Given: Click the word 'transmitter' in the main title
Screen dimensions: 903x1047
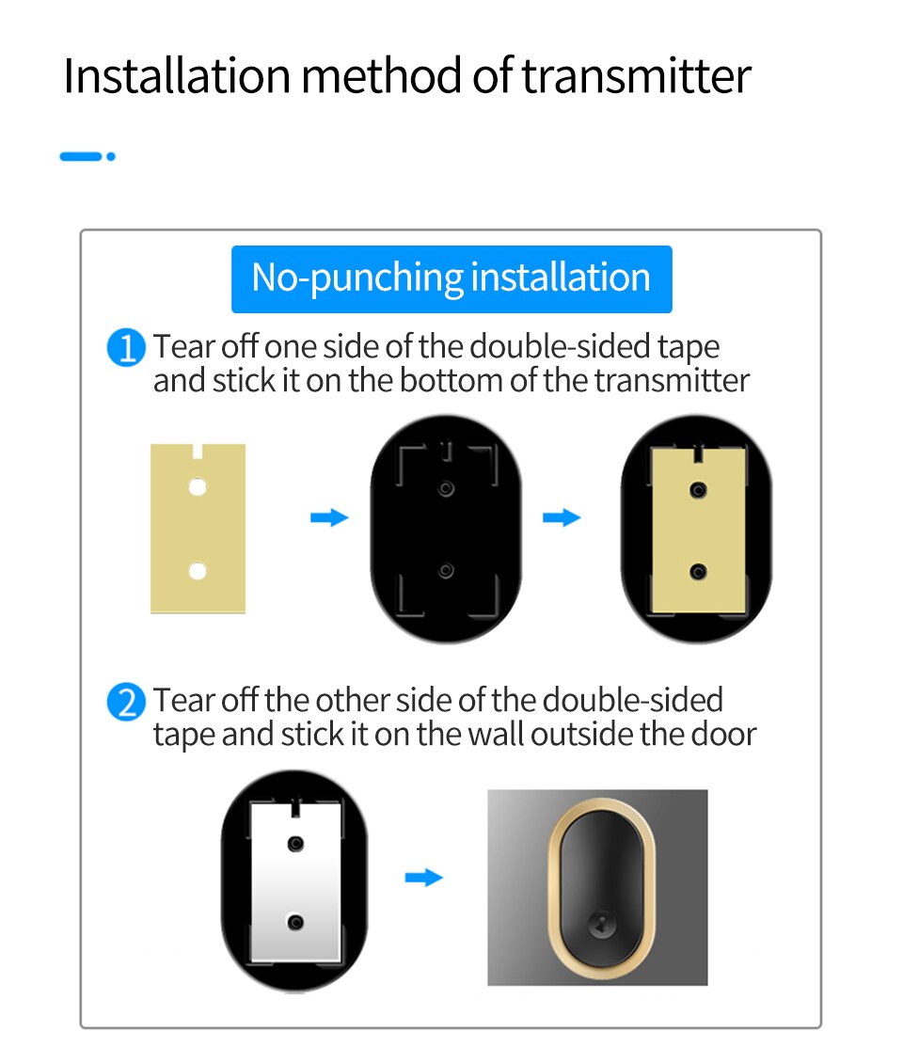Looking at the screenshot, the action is (637, 75).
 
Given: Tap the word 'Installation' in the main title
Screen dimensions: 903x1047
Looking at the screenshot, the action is (177, 75).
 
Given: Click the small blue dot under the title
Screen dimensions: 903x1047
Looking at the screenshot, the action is (111, 156).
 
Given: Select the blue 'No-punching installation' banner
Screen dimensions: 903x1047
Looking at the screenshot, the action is (451, 279).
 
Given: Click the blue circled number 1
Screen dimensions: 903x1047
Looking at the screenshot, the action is (126, 348).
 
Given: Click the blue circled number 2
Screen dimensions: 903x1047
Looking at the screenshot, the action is (126, 702).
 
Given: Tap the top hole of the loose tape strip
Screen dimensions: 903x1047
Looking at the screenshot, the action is (198, 486).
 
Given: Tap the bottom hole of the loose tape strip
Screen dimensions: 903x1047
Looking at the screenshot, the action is (198, 571).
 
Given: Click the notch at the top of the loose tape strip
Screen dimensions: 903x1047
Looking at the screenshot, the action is (198, 452).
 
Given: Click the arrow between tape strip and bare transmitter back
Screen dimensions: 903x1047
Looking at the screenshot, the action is (329, 516).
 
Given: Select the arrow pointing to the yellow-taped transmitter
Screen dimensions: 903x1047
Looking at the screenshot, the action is (562, 516).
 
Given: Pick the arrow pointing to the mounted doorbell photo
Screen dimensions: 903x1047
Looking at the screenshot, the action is (424, 878).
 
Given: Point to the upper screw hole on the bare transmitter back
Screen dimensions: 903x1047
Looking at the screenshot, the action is (446, 489).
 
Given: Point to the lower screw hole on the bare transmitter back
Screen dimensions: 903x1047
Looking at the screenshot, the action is (446, 570).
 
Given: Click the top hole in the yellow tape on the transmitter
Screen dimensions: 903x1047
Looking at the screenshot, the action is (699, 491).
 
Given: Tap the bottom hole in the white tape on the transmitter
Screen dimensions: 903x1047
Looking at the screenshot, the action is (296, 922).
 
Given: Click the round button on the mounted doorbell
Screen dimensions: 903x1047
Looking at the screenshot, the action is (600, 927).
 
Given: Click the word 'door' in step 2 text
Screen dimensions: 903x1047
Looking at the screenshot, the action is (724, 734).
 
